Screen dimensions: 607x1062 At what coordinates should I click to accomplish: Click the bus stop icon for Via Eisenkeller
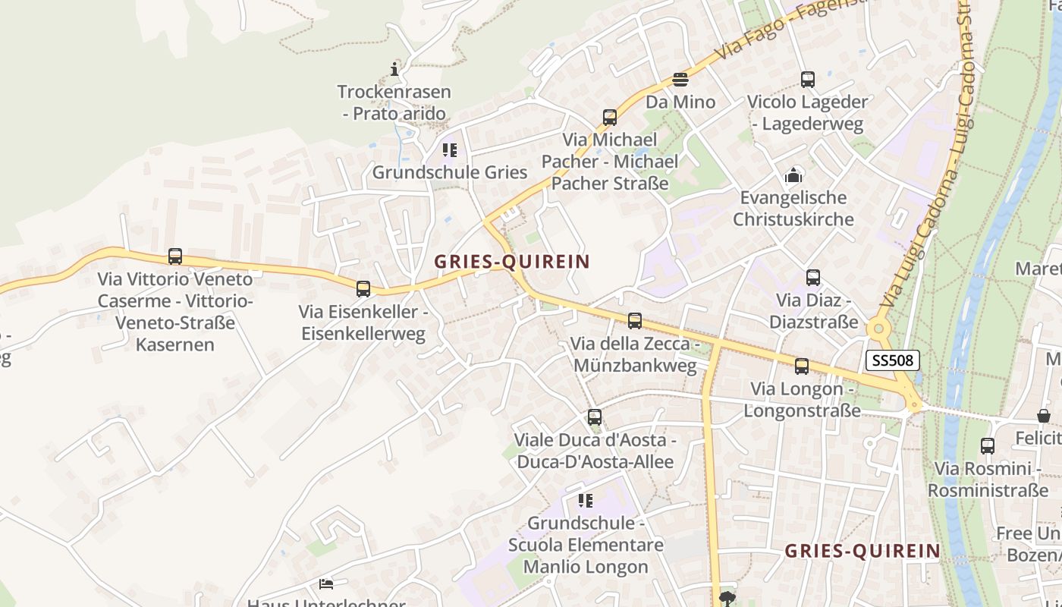point(363,289)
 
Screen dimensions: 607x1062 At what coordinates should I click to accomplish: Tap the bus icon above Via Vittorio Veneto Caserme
point(175,256)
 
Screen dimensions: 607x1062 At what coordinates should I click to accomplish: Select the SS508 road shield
point(892,360)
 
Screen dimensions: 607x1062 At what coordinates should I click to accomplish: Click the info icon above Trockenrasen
point(394,70)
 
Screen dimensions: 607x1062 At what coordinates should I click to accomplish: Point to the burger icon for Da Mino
point(680,80)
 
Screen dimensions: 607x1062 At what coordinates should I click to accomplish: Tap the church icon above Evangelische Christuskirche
point(793,175)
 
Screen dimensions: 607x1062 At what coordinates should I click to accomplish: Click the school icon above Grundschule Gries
point(450,150)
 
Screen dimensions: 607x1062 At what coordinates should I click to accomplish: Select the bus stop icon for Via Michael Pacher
point(610,118)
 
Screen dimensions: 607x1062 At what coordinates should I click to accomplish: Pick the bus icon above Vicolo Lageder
point(808,80)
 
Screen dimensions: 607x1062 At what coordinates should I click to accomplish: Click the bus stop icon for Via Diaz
point(813,278)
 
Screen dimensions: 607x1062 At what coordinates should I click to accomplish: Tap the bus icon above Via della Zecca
point(635,322)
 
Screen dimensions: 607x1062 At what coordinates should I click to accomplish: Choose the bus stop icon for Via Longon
point(802,367)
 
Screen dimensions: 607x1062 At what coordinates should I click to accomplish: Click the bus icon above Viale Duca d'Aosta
point(595,417)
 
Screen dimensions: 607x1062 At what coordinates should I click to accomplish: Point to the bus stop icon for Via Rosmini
point(987,446)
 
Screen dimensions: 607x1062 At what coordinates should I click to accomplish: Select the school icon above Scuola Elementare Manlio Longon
point(585,501)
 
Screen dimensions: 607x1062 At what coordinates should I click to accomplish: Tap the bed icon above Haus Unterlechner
point(326,583)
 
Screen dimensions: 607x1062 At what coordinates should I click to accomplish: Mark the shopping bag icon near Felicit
point(1044,416)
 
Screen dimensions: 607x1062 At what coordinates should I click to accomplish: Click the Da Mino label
point(680,102)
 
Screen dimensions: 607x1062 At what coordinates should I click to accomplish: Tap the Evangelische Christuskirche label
point(793,209)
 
